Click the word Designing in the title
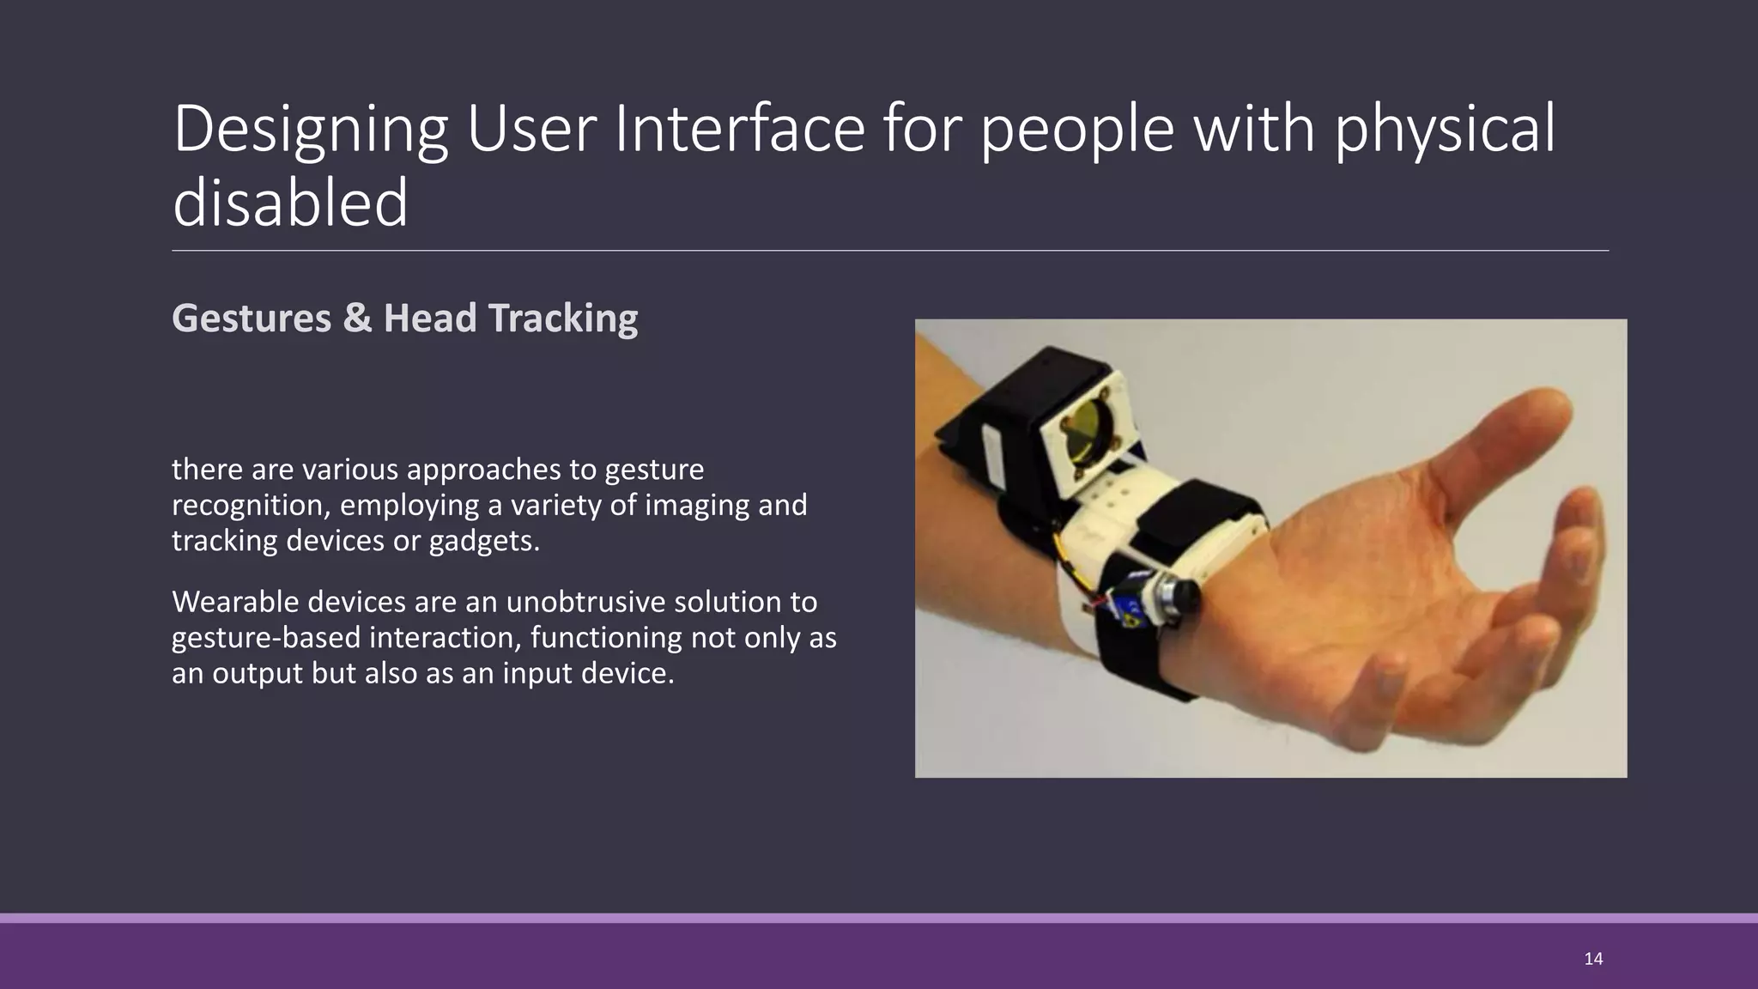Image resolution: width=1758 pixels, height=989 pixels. tap(310, 129)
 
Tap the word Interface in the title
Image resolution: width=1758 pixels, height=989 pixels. tap(739, 129)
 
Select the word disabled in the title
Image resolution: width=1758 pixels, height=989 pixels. tap(290, 203)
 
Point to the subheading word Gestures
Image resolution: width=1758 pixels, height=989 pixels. tap(252, 318)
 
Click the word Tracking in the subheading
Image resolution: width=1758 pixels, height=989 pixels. tap(563, 318)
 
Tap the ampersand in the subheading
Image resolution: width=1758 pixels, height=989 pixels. tap(357, 318)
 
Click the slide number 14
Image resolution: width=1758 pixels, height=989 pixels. tap(1593, 959)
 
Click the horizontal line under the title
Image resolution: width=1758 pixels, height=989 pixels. tap(889, 251)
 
